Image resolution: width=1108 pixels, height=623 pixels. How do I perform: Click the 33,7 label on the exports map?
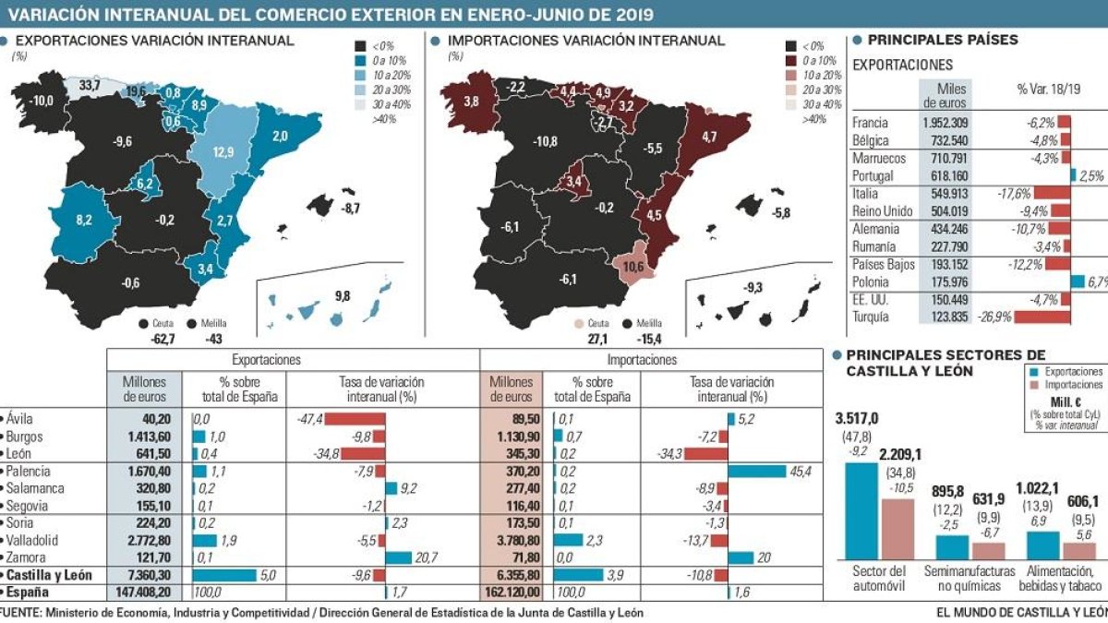[x=90, y=85]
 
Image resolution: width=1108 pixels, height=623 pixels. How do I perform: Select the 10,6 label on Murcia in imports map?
[x=633, y=268]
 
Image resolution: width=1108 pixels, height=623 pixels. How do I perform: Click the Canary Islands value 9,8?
[x=343, y=296]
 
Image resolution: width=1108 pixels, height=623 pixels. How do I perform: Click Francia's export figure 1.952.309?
[x=940, y=123]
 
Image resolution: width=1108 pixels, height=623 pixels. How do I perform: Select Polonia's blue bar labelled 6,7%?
[x=1078, y=282]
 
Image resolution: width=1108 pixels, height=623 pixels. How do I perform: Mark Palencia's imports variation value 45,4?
[x=801, y=471]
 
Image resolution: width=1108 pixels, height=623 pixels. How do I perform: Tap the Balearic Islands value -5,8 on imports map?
[x=782, y=213]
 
